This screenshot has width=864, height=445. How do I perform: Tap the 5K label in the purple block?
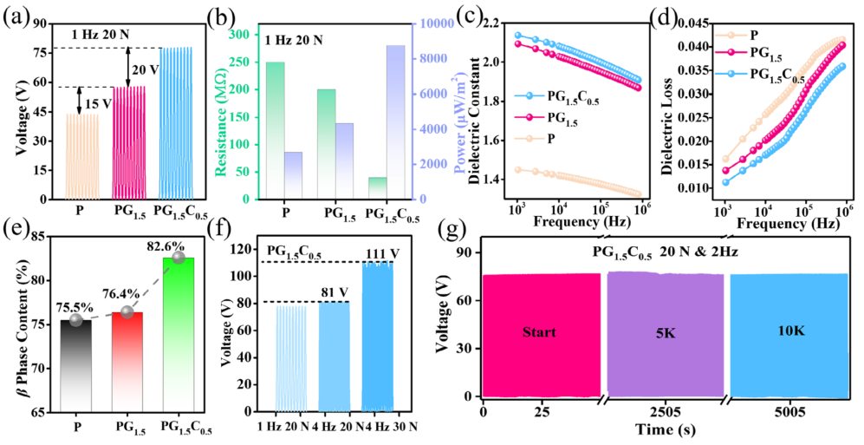pos(664,331)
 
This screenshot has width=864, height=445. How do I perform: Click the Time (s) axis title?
pos(662,430)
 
